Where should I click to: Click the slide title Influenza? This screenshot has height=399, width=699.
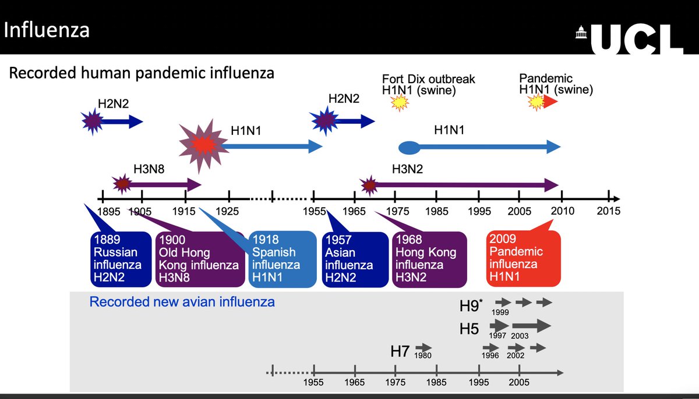(47, 30)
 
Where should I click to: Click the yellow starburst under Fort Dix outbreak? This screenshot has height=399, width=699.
(400, 103)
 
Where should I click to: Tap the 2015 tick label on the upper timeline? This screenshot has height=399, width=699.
(608, 211)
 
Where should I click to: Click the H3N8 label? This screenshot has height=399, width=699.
(149, 169)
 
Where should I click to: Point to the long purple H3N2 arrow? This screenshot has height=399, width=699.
(466, 186)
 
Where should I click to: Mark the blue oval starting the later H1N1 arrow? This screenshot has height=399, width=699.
(409, 147)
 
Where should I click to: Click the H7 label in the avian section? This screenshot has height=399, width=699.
(400, 351)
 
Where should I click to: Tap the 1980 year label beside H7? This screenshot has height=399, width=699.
(423, 355)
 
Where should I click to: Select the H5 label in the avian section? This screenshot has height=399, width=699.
(469, 329)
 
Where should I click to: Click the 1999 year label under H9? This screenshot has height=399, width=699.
(500, 312)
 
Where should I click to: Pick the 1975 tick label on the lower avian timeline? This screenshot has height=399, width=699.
(396, 382)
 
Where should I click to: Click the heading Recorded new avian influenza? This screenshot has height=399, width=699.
(182, 302)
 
